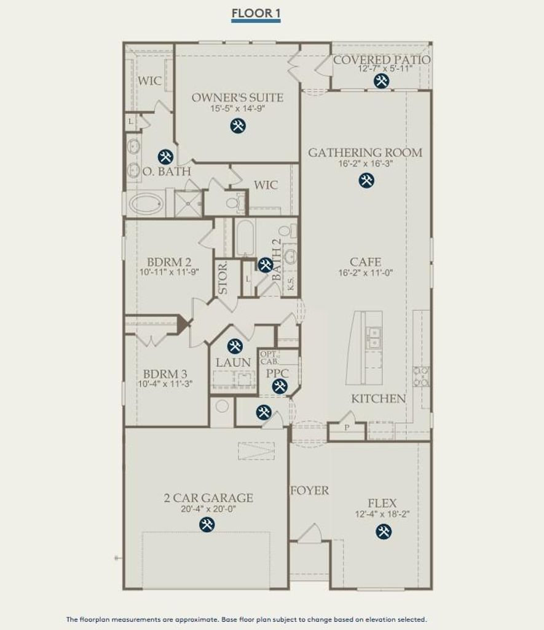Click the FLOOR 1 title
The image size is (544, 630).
pyautogui.click(x=256, y=14)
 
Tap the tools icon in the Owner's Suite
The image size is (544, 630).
pyautogui.click(x=238, y=126)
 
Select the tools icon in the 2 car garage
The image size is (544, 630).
pyautogui.click(x=207, y=524)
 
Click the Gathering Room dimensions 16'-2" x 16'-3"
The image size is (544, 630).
pyautogui.click(x=365, y=164)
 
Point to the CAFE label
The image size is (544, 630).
pyautogui.click(x=365, y=262)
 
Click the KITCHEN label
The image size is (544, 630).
pyautogui.click(x=378, y=399)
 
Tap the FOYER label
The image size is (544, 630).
pyautogui.click(x=310, y=490)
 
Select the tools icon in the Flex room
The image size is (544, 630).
pyautogui.click(x=384, y=532)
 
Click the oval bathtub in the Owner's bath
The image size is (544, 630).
pyautogui.click(x=146, y=203)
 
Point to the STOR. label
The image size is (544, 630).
pyautogui.click(x=223, y=278)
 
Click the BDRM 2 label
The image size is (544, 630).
pyautogui.click(x=169, y=262)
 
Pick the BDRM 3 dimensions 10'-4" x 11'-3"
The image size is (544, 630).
pyautogui.click(x=165, y=384)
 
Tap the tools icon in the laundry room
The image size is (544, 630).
pyautogui.click(x=234, y=346)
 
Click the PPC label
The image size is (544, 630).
pyautogui.click(x=277, y=373)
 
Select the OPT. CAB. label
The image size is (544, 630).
pyautogui.click(x=269, y=357)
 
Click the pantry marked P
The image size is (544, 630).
pyautogui.click(x=347, y=431)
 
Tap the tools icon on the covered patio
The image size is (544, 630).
pyautogui.click(x=381, y=81)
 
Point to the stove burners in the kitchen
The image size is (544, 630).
pyautogui.click(x=421, y=377)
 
